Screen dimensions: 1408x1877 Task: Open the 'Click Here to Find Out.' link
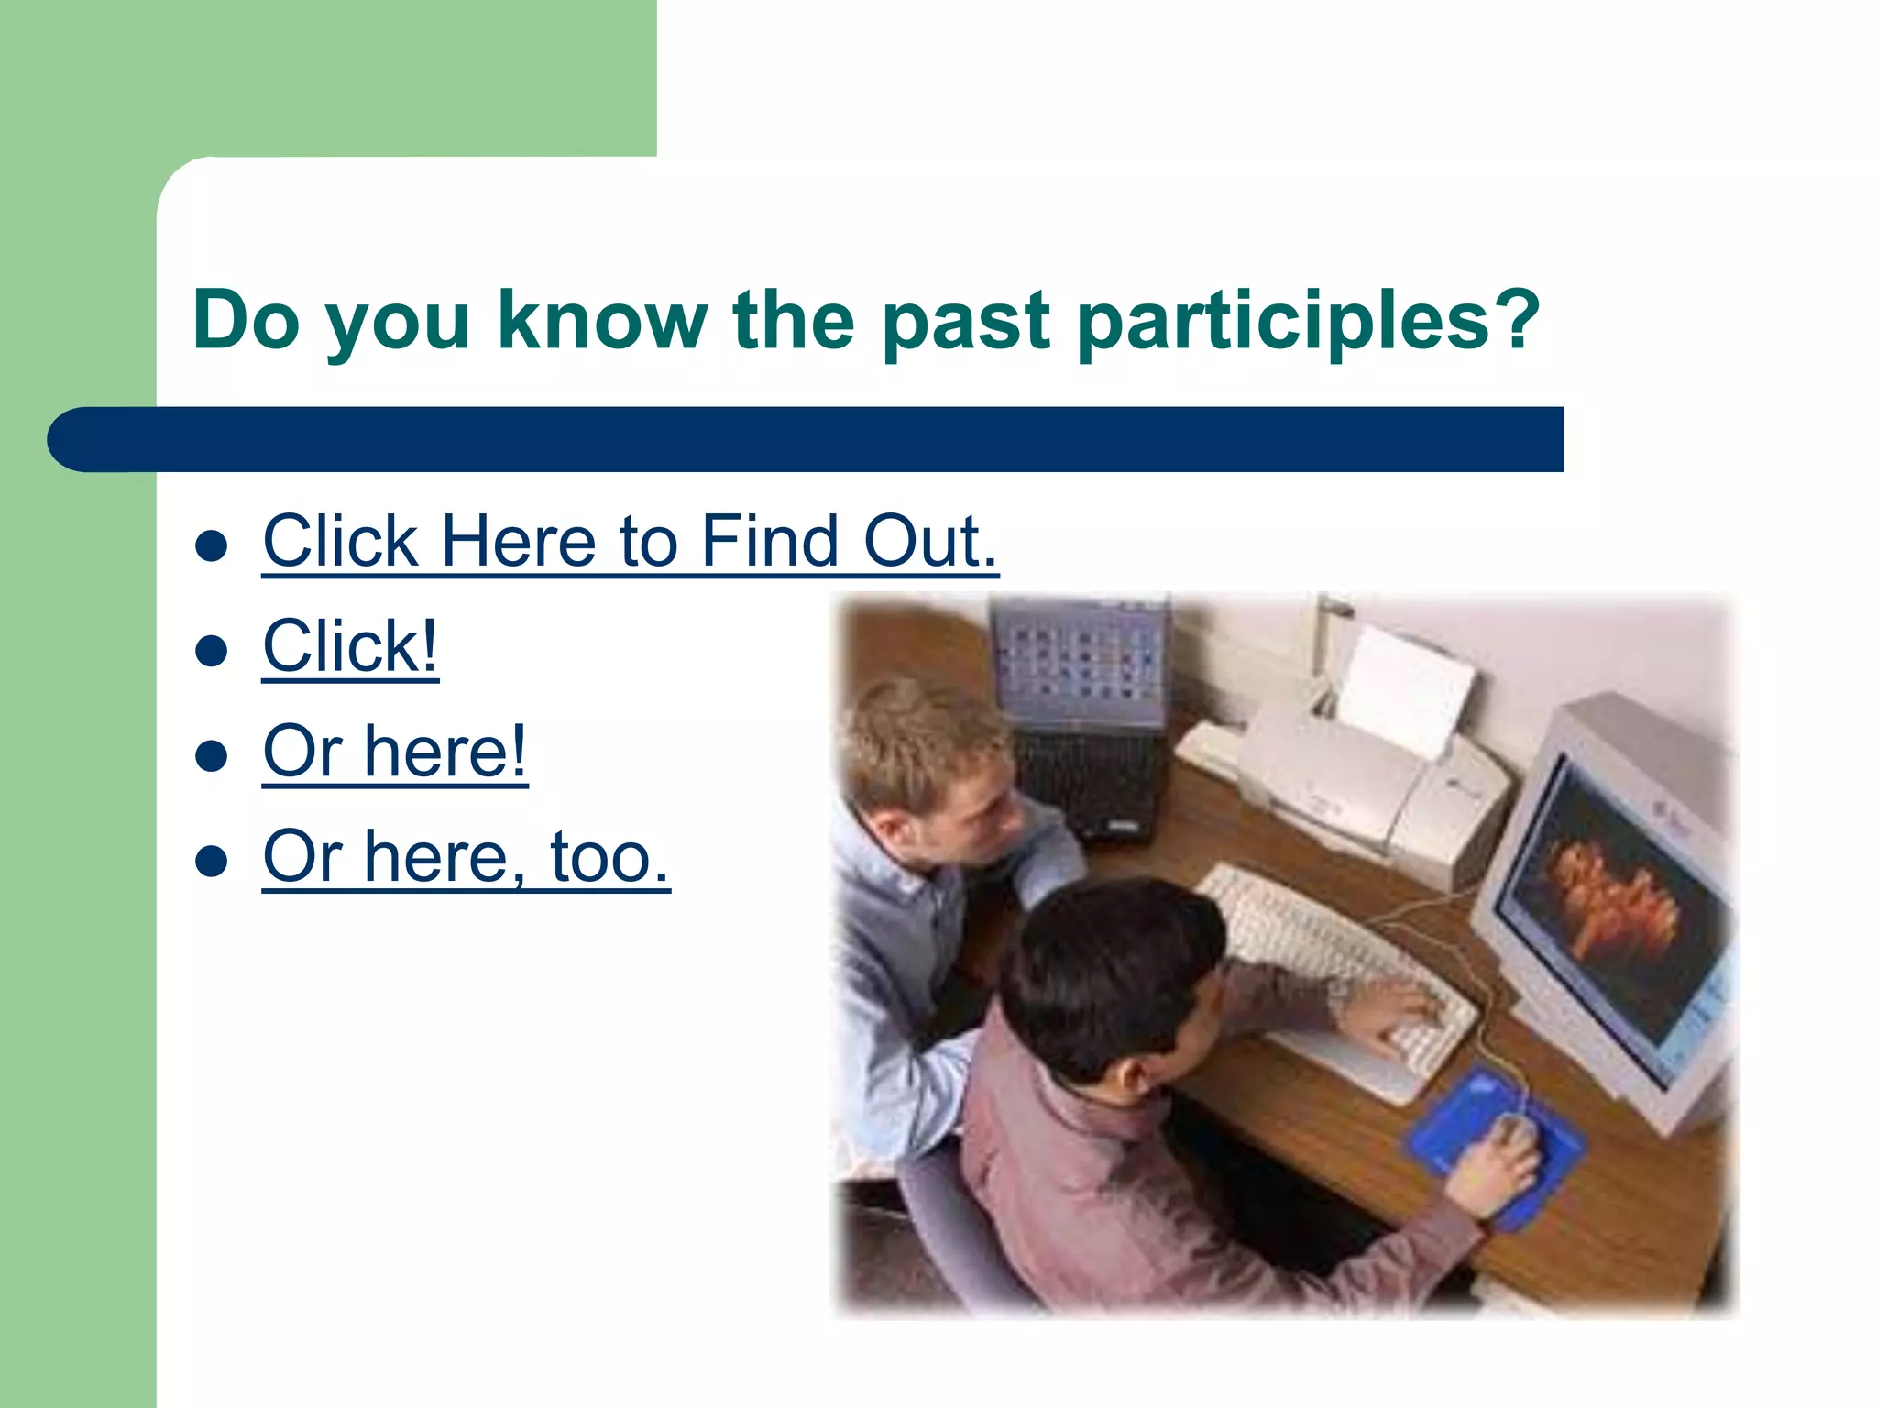tap(630, 542)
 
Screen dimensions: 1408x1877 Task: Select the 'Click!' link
tap(350, 647)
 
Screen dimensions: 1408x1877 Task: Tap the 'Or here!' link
tap(395, 752)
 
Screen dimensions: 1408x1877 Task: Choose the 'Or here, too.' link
tap(466, 857)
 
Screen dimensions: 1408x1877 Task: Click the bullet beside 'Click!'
tap(212, 651)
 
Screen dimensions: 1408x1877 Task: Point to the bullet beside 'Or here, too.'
tap(212, 861)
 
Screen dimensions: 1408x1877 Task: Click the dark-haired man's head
tap(1109, 972)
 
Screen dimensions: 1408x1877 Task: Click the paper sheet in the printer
tap(1402, 687)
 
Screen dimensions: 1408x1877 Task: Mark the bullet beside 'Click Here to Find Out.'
tap(212, 546)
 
